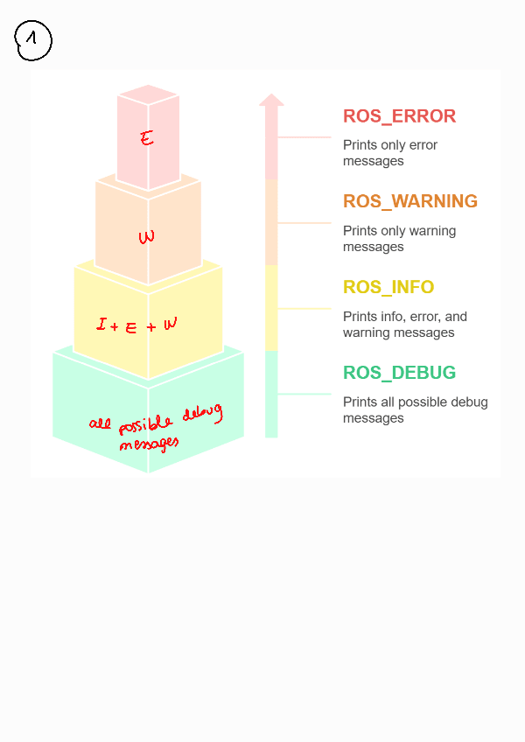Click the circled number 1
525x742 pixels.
tap(33, 40)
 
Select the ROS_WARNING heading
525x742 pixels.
tap(409, 201)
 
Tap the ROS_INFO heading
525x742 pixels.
tap(388, 287)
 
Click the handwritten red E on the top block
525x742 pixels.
tap(147, 137)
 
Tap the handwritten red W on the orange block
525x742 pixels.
tap(147, 236)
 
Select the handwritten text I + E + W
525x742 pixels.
tap(137, 325)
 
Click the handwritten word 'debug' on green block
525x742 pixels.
tap(202, 415)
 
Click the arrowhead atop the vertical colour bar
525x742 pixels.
tap(271, 100)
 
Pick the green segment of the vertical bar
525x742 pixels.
tap(271, 394)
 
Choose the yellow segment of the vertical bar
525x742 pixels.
tap(271, 308)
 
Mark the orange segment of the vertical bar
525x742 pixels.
tap(271, 222)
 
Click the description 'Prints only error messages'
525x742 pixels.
tap(389, 153)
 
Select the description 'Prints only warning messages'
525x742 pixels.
tap(398, 239)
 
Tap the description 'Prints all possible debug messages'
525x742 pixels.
tap(415, 410)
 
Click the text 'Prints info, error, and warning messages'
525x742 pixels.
tap(404, 325)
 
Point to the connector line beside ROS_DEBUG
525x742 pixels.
tap(304, 394)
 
